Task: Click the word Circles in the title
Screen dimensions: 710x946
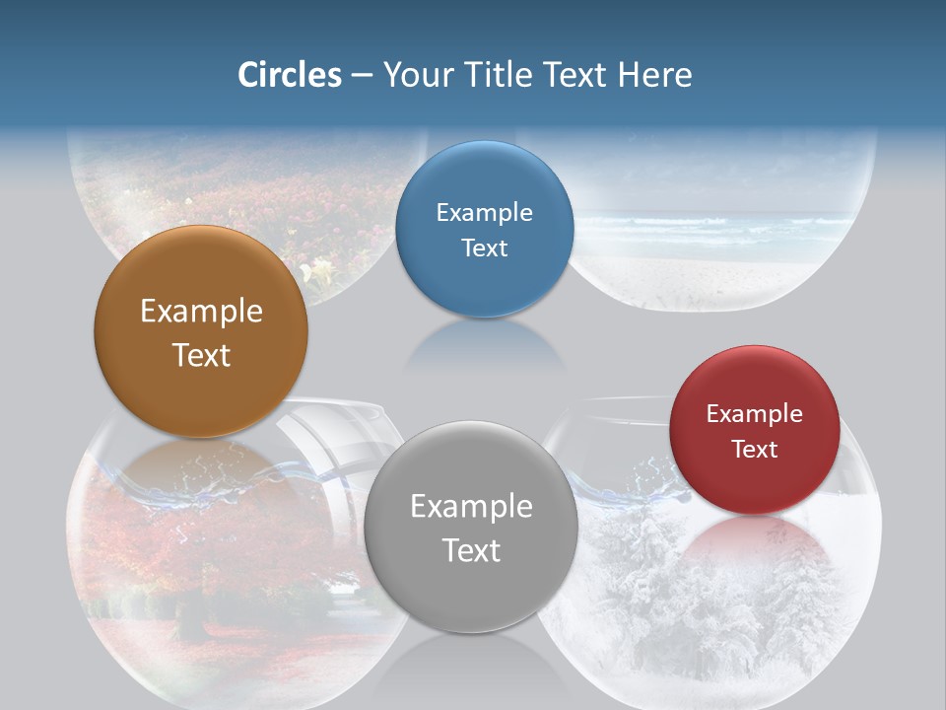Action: (x=290, y=75)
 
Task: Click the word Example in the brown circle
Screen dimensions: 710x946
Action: (x=201, y=312)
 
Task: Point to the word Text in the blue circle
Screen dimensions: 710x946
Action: (x=484, y=248)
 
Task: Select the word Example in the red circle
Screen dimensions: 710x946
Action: (x=755, y=414)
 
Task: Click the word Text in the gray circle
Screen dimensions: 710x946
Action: (x=471, y=550)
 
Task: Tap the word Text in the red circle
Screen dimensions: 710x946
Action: (x=755, y=450)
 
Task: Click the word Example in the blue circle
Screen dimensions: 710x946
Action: (x=484, y=213)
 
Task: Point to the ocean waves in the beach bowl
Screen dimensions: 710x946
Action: (x=709, y=229)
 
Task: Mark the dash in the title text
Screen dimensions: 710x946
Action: (x=362, y=76)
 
